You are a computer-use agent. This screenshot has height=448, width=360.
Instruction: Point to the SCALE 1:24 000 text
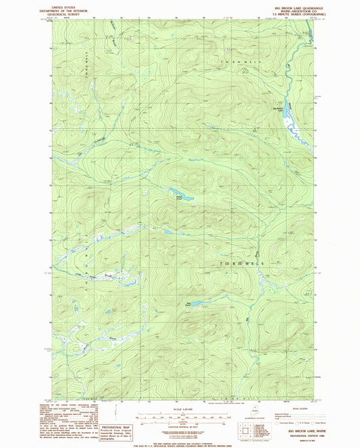(x=179, y=409)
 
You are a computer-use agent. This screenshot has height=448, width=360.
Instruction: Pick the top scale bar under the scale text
(x=179, y=413)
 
